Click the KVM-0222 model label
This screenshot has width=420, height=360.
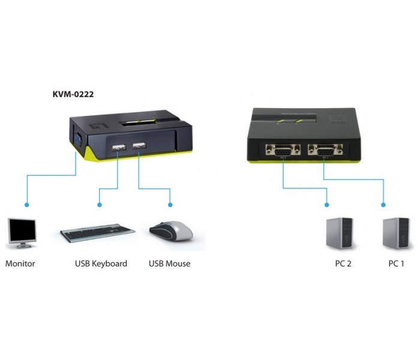73,94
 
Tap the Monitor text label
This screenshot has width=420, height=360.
20,263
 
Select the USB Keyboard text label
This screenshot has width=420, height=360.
101,263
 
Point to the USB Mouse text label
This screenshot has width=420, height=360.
170,263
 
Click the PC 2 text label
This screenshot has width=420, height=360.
343,263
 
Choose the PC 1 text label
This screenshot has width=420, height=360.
396,263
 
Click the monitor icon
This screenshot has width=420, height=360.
22,233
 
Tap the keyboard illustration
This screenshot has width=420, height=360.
97,233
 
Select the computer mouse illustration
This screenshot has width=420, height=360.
171,231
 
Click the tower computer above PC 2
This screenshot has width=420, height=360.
340,233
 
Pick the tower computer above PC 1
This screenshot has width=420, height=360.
396,233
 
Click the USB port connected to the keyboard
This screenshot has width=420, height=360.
119,148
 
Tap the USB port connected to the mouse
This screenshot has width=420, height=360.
139,146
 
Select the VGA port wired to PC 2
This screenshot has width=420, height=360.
283,150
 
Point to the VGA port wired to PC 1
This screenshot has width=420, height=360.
325,150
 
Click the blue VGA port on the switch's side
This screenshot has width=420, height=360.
78,139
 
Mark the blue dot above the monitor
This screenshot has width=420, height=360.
27,205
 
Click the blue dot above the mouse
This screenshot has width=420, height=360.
170,205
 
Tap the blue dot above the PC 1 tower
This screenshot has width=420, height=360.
383,205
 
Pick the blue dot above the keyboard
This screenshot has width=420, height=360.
100,205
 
